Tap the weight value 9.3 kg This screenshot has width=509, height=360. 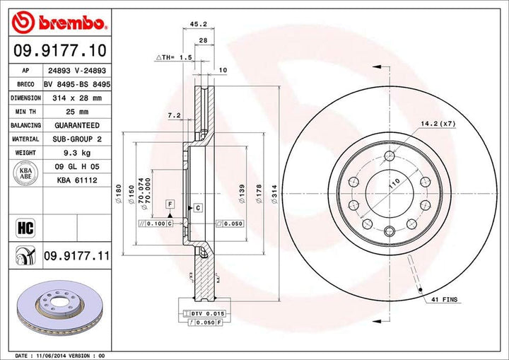click(x=74, y=153)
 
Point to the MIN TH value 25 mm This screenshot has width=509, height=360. click(x=74, y=112)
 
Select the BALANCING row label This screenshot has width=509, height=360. click(x=25, y=125)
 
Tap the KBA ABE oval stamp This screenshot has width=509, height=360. click(x=25, y=173)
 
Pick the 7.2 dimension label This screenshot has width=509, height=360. click(x=174, y=115)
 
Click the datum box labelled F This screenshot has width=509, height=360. click(x=170, y=204)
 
